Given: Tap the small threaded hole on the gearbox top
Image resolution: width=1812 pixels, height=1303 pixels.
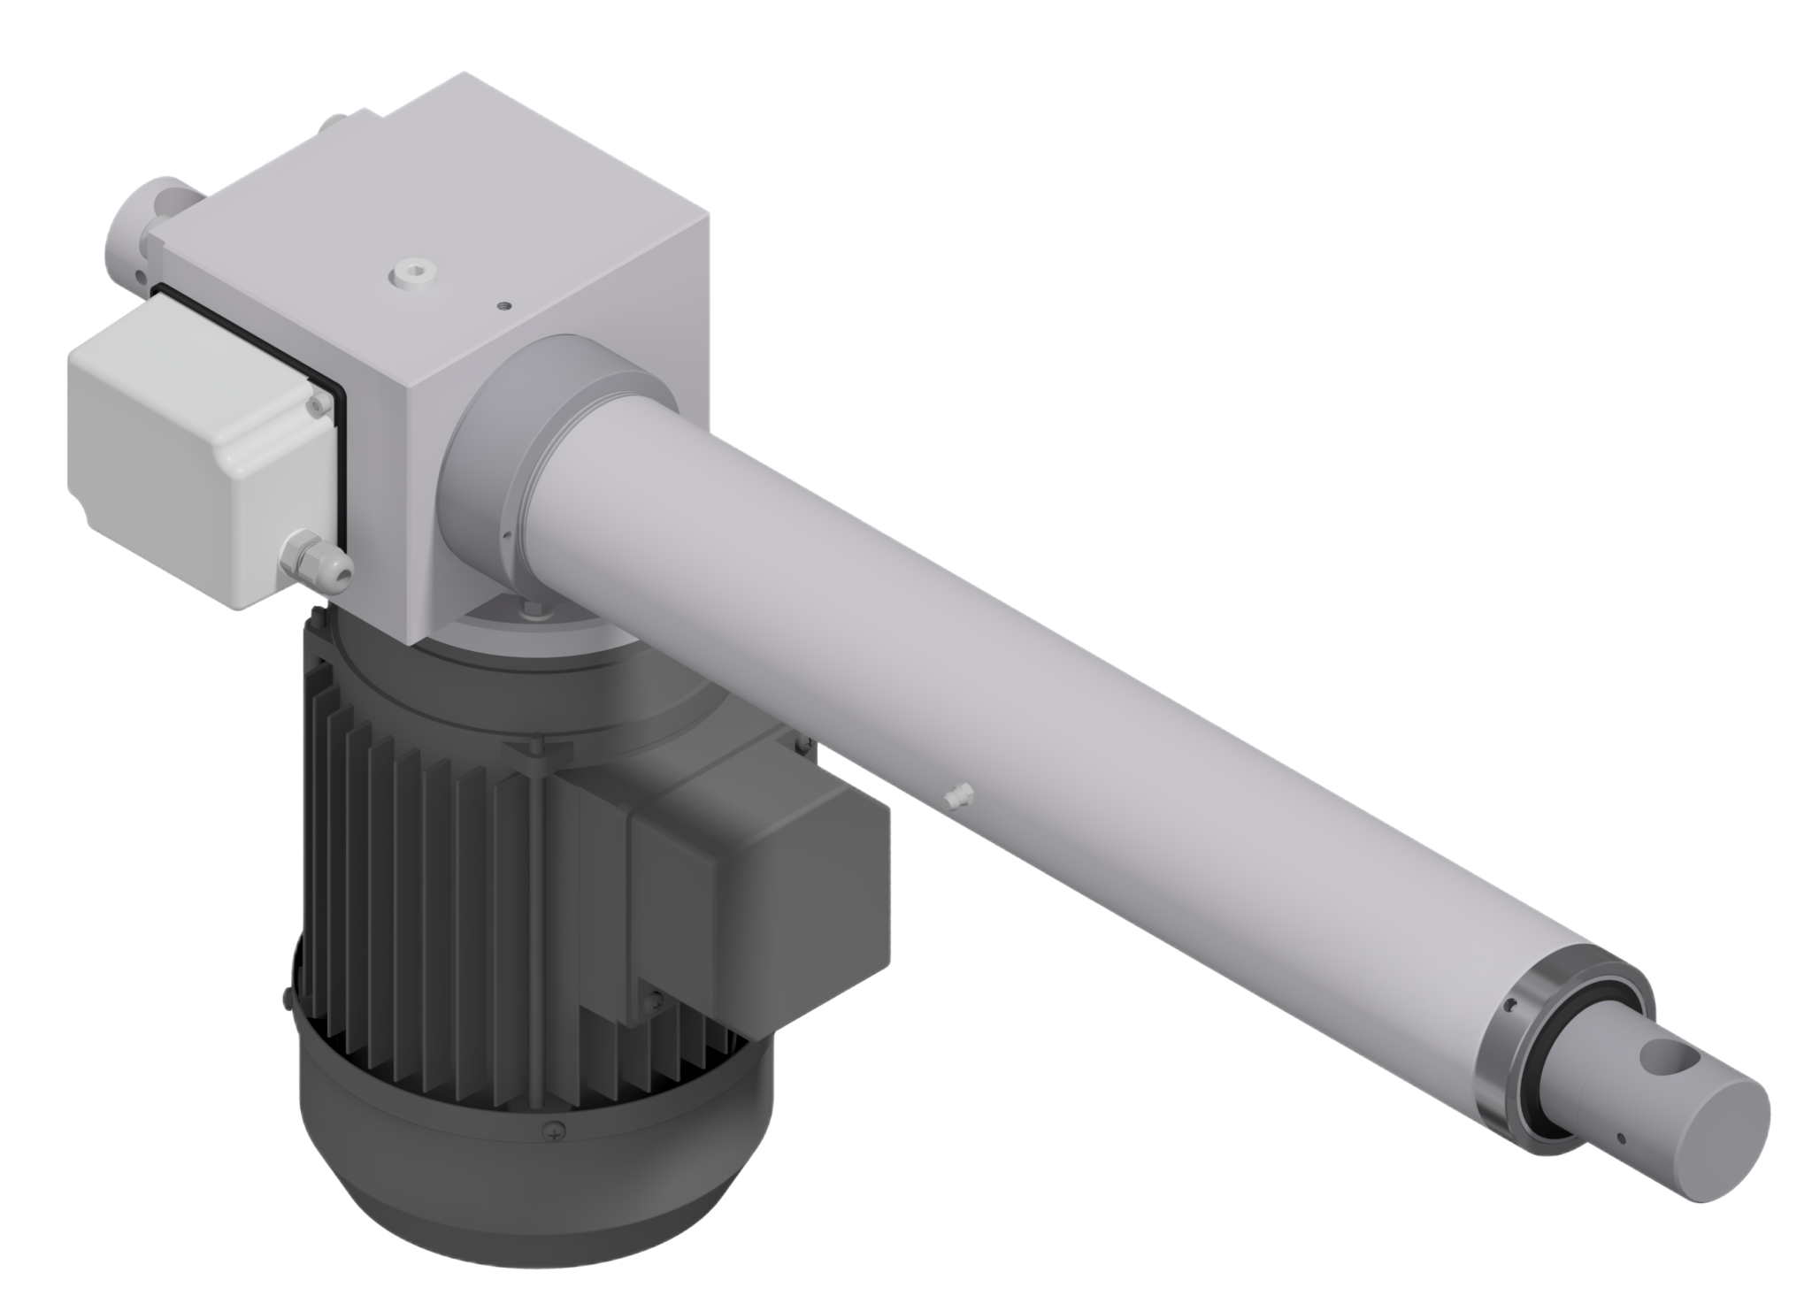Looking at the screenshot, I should (x=503, y=304).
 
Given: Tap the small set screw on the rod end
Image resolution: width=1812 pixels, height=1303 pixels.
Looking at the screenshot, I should (x=1621, y=1137).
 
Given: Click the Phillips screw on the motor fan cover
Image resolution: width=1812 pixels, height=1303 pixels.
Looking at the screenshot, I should (x=555, y=1130).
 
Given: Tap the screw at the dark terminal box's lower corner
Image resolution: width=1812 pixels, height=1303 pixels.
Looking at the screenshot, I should (x=655, y=1001).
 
